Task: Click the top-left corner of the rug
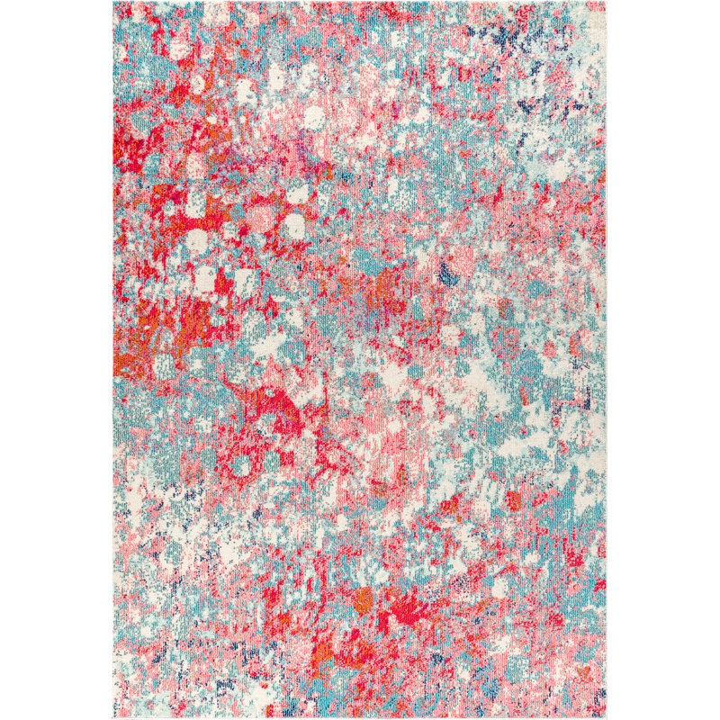click(x=114, y=3)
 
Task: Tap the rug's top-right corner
click(x=607, y=2)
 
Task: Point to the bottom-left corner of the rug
click(x=114, y=716)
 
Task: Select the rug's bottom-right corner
click(x=607, y=717)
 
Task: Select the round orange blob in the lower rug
click(x=364, y=597)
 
